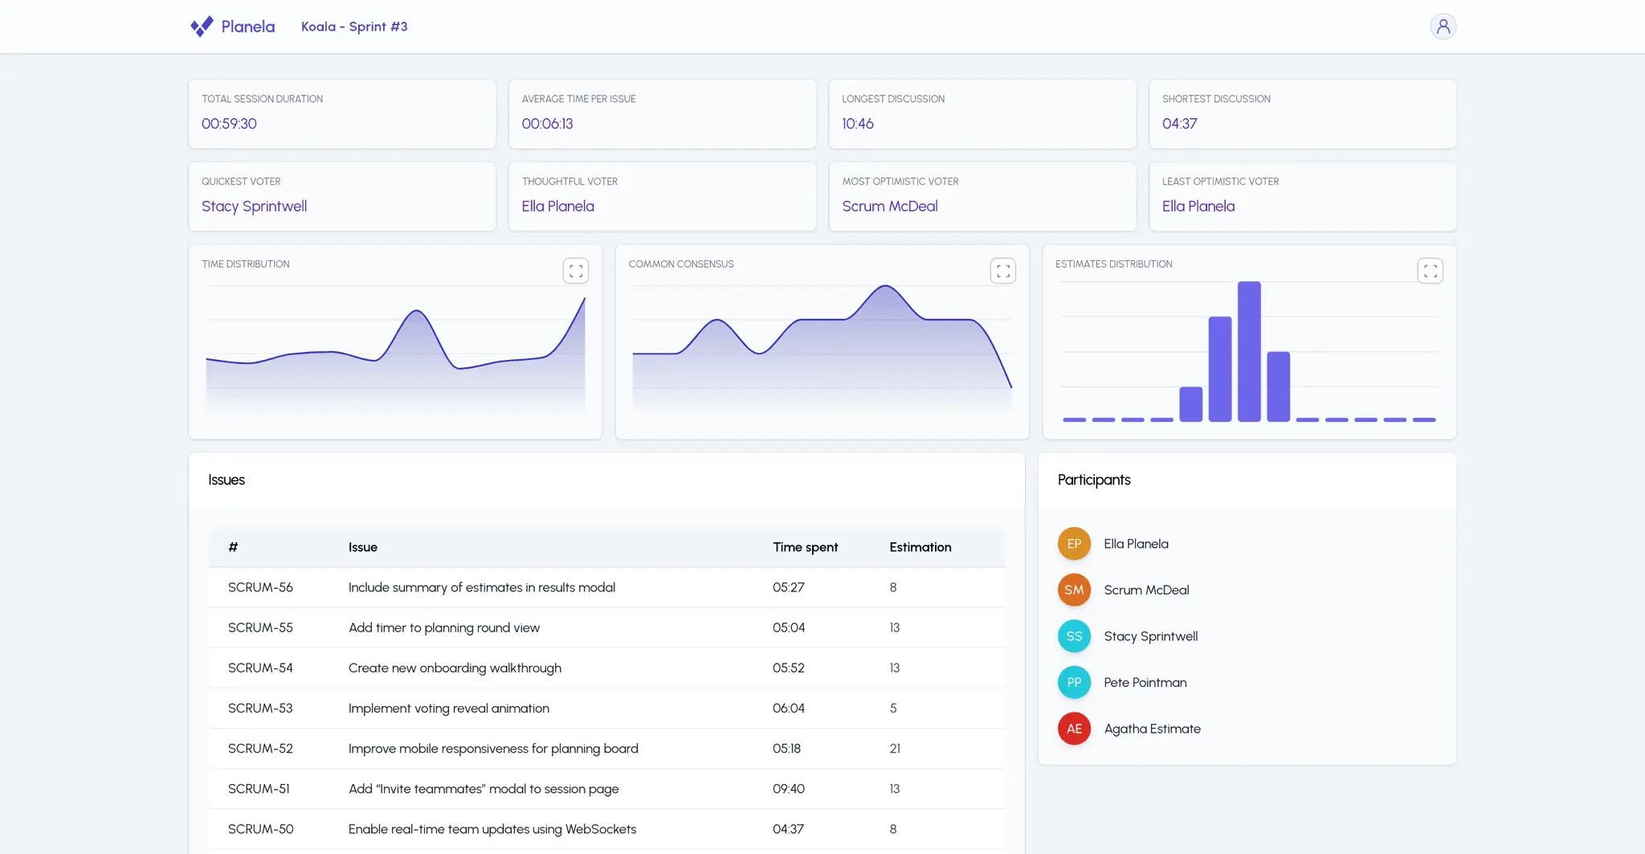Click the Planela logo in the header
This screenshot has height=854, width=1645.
pyautogui.click(x=232, y=27)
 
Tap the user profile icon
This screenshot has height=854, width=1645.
pyautogui.click(x=1443, y=27)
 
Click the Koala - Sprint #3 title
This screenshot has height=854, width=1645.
pyautogui.click(x=354, y=27)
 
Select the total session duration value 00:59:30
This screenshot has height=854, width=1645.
pyautogui.click(x=229, y=124)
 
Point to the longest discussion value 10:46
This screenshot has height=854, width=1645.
pyautogui.click(x=857, y=124)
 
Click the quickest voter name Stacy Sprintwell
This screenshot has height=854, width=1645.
pyautogui.click(x=254, y=206)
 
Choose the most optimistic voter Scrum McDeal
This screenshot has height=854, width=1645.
pyautogui.click(x=889, y=206)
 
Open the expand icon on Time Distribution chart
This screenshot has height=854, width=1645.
pyautogui.click(x=576, y=271)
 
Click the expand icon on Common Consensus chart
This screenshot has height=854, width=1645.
pyautogui.click(x=1002, y=271)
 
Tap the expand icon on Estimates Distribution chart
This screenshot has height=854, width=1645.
pyautogui.click(x=1430, y=271)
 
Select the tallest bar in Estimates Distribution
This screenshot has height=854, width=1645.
pyautogui.click(x=1249, y=351)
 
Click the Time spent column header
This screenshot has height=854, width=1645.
pyautogui.click(x=805, y=547)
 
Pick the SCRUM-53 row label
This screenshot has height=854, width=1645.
pyautogui.click(x=260, y=708)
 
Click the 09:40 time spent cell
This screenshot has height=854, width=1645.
pyautogui.click(x=789, y=789)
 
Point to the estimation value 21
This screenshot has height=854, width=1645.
pyautogui.click(x=895, y=749)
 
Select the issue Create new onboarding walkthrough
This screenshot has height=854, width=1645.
pyautogui.click(x=455, y=668)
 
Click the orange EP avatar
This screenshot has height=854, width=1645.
pyautogui.click(x=1074, y=544)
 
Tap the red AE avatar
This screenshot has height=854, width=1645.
pyautogui.click(x=1074, y=729)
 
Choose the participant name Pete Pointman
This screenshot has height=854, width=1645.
pyautogui.click(x=1145, y=683)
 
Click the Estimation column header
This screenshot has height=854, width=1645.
pyautogui.click(x=920, y=547)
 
